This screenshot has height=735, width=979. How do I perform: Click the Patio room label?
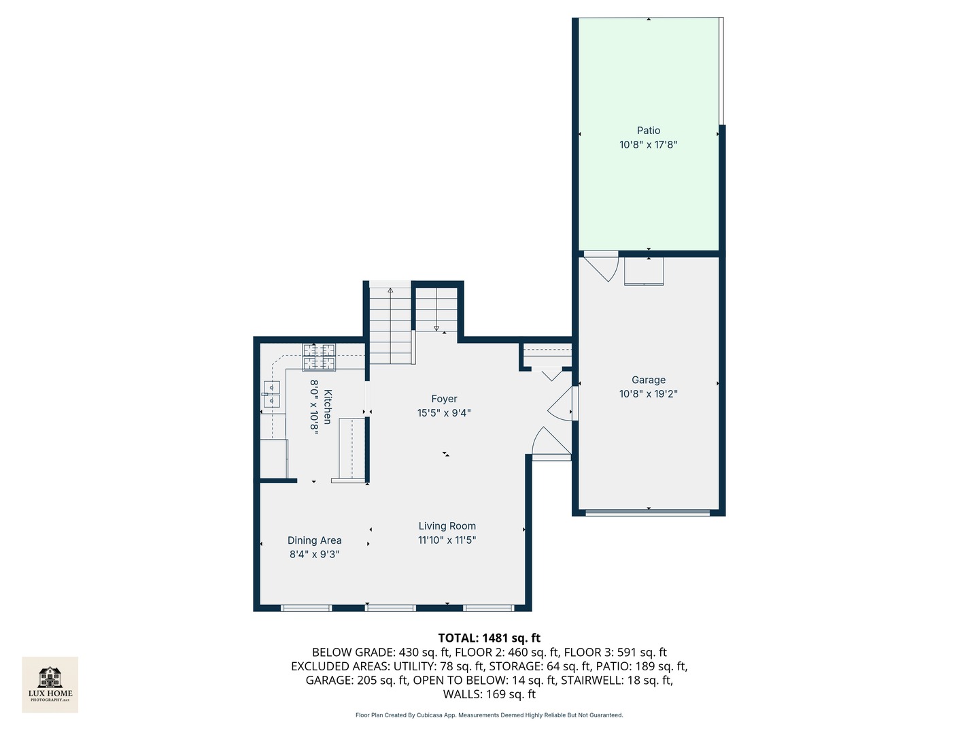[x=648, y=131]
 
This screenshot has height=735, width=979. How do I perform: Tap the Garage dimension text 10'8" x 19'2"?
[x=648, y=394]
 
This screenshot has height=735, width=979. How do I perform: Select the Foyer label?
[x=444, y=399]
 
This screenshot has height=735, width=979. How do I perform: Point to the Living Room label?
[x=447, y=526]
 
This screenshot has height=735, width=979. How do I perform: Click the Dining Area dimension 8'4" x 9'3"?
[x=314, y=555]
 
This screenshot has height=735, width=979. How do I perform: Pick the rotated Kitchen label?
[x=328, y=407]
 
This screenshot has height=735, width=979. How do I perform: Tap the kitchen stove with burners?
[x=319, y=357]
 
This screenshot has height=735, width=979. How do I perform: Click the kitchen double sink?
[x=271, y=394]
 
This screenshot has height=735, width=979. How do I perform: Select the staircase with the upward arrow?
[x=390, y=325]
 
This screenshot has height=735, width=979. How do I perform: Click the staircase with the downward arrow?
[x=436, y=310]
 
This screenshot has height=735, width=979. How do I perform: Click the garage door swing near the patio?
[x=601, y=266]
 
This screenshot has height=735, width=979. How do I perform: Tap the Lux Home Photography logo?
[x=50, y=685]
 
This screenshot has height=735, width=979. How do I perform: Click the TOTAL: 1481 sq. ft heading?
[x=489, y=638]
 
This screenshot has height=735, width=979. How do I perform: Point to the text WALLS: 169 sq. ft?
[x=489, y=694]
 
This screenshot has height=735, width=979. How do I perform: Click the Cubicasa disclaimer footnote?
[x=489, y=715]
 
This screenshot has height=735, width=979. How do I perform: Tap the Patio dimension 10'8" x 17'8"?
[x=648, y=145]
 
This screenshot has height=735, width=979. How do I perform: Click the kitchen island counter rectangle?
[x=351, y=449]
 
